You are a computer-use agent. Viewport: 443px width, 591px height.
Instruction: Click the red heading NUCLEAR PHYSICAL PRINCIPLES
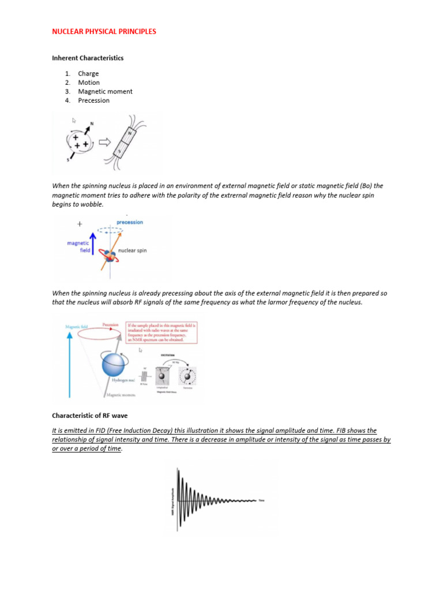click(104, 32)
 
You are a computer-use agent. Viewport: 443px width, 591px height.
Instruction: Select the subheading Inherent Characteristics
click(88, 58)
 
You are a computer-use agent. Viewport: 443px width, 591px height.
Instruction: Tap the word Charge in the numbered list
click(88, 73)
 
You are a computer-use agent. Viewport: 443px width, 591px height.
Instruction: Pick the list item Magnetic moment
click(105, 91)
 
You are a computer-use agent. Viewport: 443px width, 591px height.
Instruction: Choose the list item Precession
click(93, 100)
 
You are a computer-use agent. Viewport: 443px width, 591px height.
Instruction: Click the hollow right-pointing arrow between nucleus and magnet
click(105, 141)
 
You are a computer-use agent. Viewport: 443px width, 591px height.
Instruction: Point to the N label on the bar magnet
click(130, 133)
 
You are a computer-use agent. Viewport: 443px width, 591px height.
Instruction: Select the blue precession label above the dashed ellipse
click(129, 222)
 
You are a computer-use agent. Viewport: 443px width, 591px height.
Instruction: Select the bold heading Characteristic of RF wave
click(93, 415)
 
